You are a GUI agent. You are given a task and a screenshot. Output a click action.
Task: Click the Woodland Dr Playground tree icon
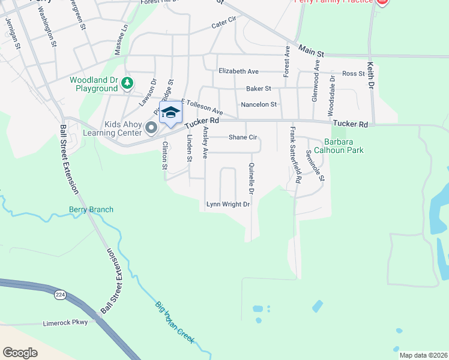click(127, 83)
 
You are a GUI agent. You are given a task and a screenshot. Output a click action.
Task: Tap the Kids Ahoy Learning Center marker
click(151, 127)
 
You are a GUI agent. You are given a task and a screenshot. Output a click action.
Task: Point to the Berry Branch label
click(91, 209)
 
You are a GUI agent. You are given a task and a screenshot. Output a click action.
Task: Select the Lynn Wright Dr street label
click(228, 205)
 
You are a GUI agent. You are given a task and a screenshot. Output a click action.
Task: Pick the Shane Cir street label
click(243, 137)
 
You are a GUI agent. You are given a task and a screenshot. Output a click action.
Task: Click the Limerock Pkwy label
click(65, 322)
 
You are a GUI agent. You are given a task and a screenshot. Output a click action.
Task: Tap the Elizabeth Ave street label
click(238, 71)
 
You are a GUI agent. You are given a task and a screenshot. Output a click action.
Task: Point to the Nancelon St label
click(258, 104)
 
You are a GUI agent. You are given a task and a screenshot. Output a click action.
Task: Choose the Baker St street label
click(259, 88)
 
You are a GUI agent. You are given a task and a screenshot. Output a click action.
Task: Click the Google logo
click(20, 353)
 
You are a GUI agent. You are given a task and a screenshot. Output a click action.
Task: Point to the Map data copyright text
click(423, 355)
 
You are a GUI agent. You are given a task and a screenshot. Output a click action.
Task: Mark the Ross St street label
click(353, 74)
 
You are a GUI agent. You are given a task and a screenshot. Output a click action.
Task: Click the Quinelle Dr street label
click(252, 179)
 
